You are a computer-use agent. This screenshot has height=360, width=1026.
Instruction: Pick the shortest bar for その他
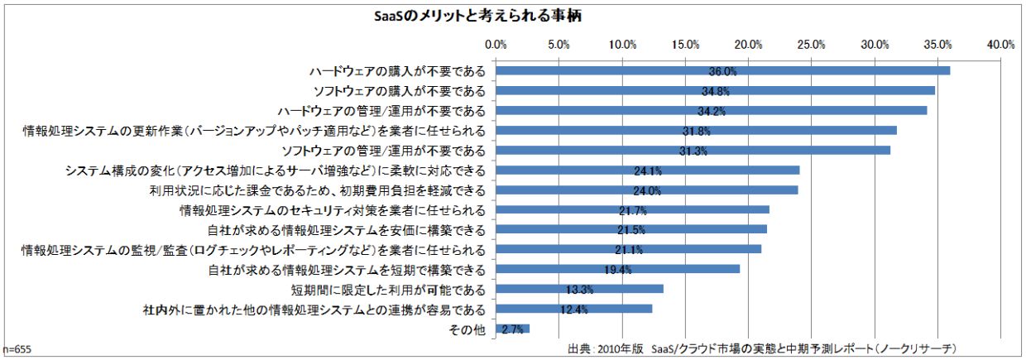pos(512,329)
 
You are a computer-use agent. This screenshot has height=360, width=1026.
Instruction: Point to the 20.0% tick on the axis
pos(749,44)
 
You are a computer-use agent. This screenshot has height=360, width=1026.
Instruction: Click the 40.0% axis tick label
pos(1000,44)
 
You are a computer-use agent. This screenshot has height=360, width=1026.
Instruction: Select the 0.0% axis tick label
pos(496,44)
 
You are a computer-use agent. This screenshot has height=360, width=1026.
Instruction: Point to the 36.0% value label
pos(722,72)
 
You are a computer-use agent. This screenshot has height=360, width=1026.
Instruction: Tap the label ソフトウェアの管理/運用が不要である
pos(383,150)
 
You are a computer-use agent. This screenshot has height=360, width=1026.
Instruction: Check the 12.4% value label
pos(573,310)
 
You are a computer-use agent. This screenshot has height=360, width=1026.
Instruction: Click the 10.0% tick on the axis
pos(622,44)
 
